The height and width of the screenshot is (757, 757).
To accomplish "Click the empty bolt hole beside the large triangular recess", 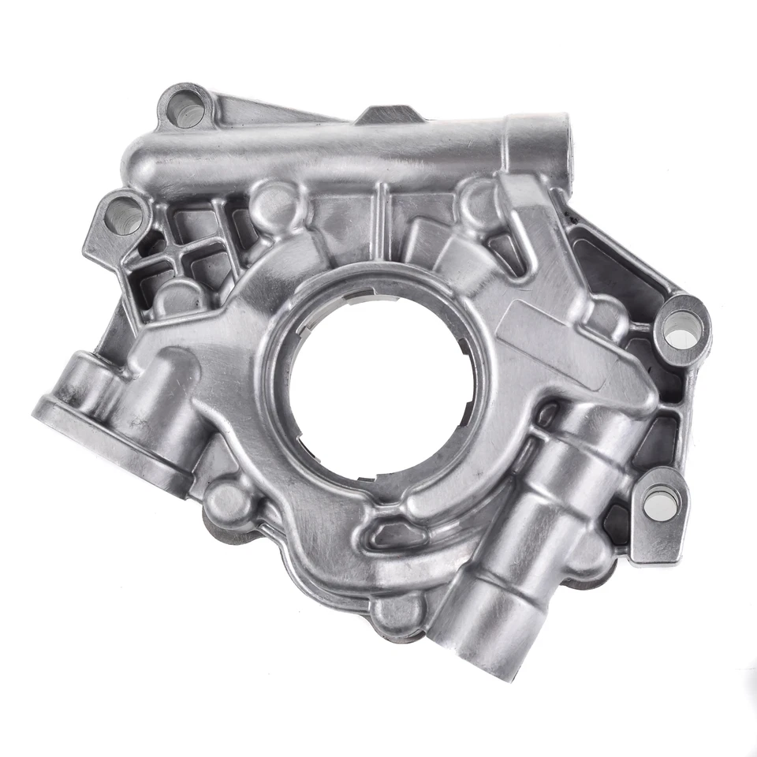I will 681,330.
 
